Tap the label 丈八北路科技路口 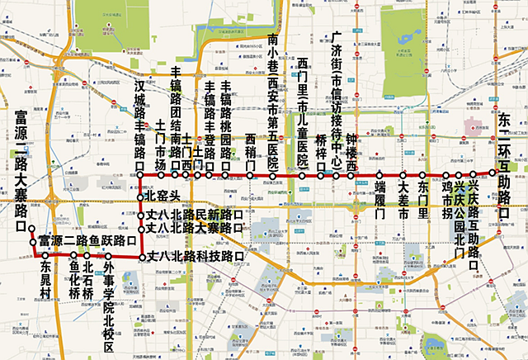click(x=196, y=258)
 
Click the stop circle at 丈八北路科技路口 click(x=141, y=258)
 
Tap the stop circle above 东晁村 click(x=45, y=257)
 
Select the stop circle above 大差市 click(x=403, y=175)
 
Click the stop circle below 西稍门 click(x=250, y=175)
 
